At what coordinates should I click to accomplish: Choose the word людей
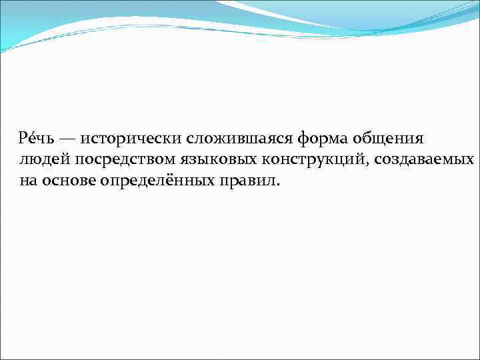[x=43, y=160]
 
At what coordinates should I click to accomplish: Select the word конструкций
[x=308, y=160]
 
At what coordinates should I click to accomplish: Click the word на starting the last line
[x=28, y=181]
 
